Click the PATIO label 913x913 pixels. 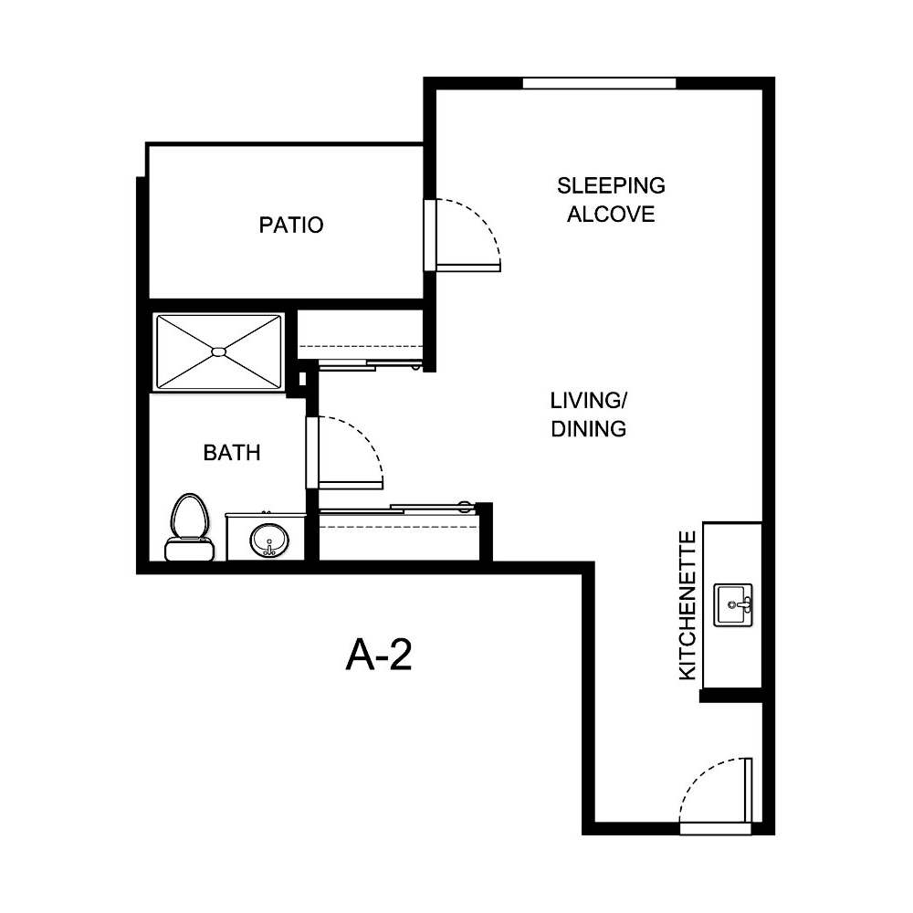(x=291, y=225)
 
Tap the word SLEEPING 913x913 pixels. (x=611, y=185)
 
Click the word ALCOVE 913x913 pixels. (x=611, y=215)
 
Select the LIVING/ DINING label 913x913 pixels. (x=589, y=414)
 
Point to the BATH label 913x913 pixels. (x=231, y=452)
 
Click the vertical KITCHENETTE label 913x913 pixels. (x=688, y=604)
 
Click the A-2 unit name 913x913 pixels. (x=379, y=655)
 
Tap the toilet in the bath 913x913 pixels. (x=189, y=524)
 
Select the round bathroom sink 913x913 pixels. (x=268, y=540)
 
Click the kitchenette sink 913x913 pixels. (x=732, y=603)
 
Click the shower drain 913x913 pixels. (x=218, y=352)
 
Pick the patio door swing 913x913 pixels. (x=466, y=235)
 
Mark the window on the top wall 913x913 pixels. (x=599, y=83)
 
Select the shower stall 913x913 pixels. (x=218, y=352)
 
